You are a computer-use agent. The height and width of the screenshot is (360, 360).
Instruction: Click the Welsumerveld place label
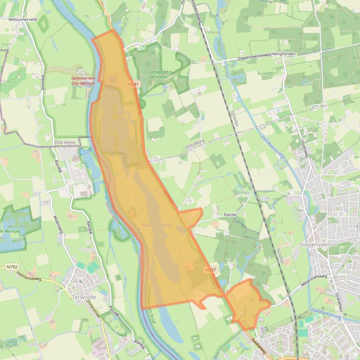tap(22, 20)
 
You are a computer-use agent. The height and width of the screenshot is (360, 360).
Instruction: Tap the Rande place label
tap(230, 215)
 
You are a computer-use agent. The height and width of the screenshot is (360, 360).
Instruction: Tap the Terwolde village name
tap(84, 297)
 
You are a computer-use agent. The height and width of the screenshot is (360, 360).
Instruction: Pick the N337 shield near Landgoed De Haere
tap(132, 84)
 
